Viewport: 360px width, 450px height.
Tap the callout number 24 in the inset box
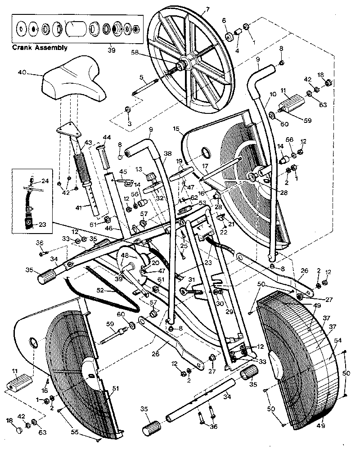coord(45,182)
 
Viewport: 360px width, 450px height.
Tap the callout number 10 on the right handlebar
coord(273,95)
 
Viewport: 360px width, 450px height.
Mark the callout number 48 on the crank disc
coord(125,256)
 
